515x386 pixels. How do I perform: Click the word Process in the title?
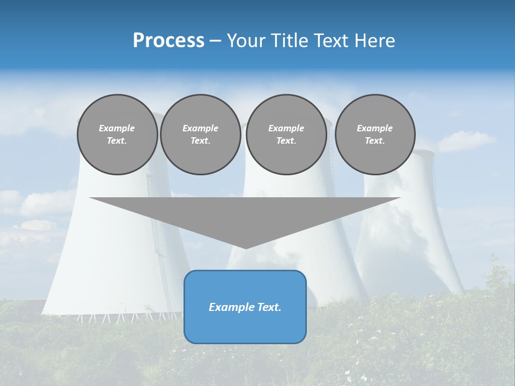point(168,41)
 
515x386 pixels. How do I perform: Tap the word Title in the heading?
point(289,41)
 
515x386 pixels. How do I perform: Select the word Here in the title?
point(375,41)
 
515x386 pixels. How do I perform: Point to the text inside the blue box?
point(245,307)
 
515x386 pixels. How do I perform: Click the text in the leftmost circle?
point(117,135)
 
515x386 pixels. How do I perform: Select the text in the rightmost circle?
point(375,135)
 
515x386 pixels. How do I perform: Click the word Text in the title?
point(330,41)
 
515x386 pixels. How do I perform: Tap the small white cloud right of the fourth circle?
point(466,140)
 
